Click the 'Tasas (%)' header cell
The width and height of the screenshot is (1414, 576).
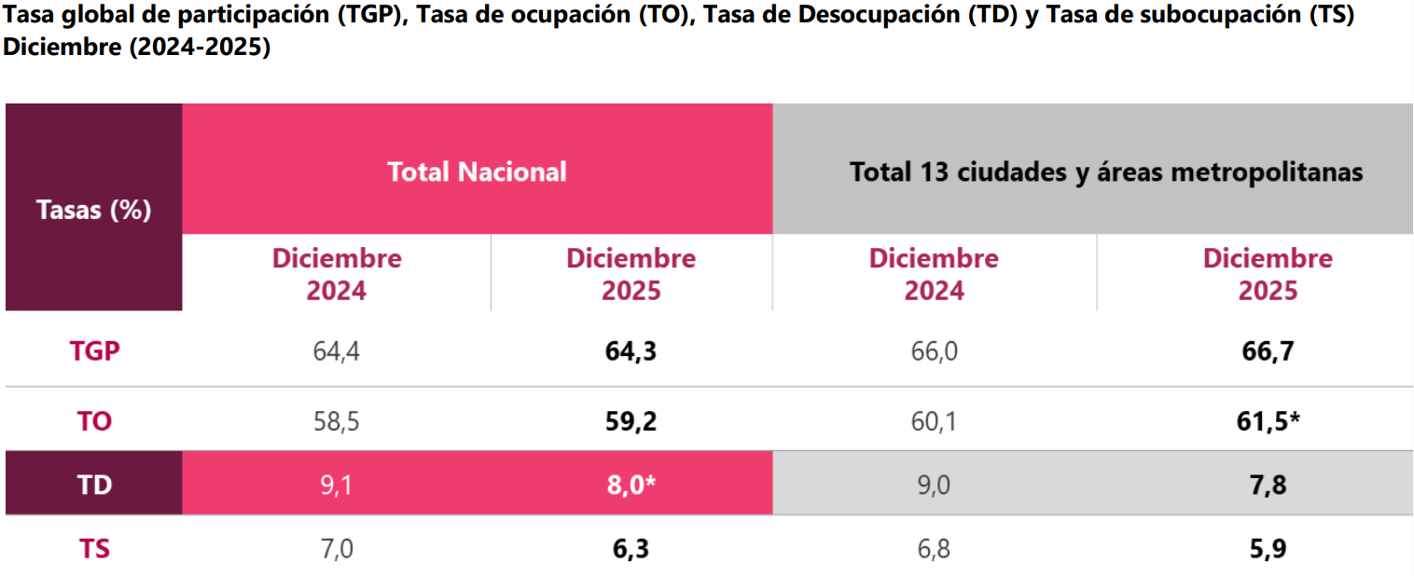coord(93,210)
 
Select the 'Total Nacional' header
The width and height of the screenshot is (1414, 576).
coord(477,171)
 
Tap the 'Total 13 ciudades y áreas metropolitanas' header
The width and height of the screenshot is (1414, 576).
coord(1093,171)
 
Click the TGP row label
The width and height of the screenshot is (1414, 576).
coord(94,351)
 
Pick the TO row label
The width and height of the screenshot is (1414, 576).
coord(94,421)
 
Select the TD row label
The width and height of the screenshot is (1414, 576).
coord(94,485)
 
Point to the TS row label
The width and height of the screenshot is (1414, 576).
coord(94,549)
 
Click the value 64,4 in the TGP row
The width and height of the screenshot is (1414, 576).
coord(337,351)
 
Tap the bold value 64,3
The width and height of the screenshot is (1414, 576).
coord(631,351)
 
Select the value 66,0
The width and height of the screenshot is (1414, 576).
coord(934,351)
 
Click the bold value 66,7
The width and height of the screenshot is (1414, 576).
coord(1268,351)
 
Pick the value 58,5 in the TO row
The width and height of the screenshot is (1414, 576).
coord(337,421)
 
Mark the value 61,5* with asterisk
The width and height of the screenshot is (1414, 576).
coord(1268,421)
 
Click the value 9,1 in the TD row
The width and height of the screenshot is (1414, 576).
coord(337,485)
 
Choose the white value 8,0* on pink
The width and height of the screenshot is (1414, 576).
coord(631,485)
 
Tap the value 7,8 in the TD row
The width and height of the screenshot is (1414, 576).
coord(1268,485)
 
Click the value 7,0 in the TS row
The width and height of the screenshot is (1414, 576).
coord(337,549)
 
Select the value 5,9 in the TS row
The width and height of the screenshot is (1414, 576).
coord(1268,549)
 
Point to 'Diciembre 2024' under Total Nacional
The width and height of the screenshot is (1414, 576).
coord(337,274)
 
